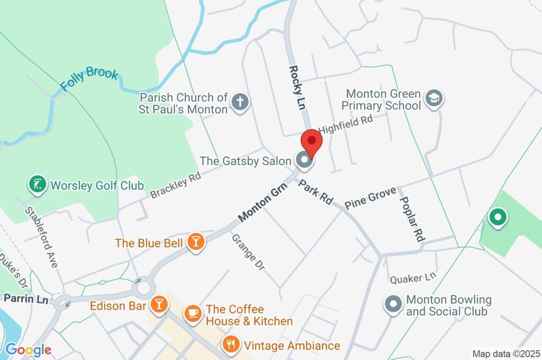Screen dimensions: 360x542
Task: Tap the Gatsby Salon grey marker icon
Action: pos(304,160)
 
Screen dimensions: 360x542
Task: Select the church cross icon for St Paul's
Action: pos(240,103)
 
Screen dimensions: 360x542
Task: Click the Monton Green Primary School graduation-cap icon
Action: pos(434,99)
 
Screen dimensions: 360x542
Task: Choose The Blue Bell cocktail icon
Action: pos(196,243)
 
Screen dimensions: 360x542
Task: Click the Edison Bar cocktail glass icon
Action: pos(158,305)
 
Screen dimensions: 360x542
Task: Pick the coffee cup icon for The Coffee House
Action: pos(193,313)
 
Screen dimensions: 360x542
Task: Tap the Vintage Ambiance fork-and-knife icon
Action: pos(230,345)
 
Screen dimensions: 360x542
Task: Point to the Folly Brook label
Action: pos(89,79)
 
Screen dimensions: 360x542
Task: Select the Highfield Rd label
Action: pos(346,124)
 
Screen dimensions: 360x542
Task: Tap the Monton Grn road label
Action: pos(262,202)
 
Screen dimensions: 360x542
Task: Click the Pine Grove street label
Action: pos(370,199)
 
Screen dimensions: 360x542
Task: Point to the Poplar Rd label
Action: pos(412,218)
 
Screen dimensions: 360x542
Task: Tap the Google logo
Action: pos(28,349)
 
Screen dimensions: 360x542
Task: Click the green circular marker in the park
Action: pos(498,217)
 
